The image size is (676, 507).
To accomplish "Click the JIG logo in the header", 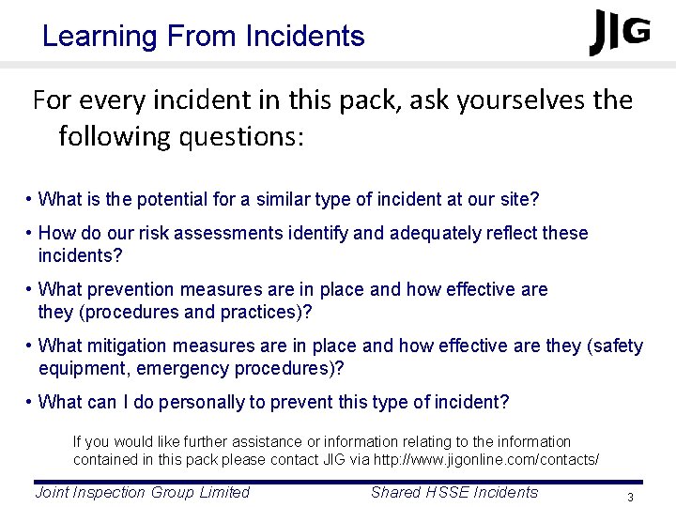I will click(x=620, y=33).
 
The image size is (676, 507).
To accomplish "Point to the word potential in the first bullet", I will click(x=176, y=199).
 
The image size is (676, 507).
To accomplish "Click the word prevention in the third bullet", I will click(x=131, y=289).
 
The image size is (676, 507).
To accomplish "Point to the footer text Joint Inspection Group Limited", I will click(x=142, y=492).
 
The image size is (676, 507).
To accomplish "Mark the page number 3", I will click(x=632, y=497).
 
